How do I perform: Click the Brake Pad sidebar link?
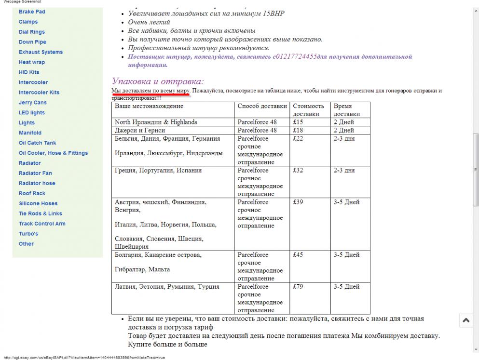pos(32,12)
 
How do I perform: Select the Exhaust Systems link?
pos(41,52)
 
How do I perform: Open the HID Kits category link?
pos(29,72)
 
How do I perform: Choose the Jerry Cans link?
pos(33,103)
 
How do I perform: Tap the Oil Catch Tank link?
pos(37,143)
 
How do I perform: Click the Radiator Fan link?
pos(35,173)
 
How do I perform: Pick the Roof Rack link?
pos(32,194)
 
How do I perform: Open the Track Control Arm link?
pos(42,224)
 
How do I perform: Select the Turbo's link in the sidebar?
pos(28,234)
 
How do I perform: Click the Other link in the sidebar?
pos(26,244)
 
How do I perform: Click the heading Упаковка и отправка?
pos(158,81)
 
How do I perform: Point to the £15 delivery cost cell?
pos(298,122)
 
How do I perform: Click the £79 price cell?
pos(298,287)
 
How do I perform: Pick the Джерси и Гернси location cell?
pos(140,131)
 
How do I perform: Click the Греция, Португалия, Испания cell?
pos(158,171)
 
